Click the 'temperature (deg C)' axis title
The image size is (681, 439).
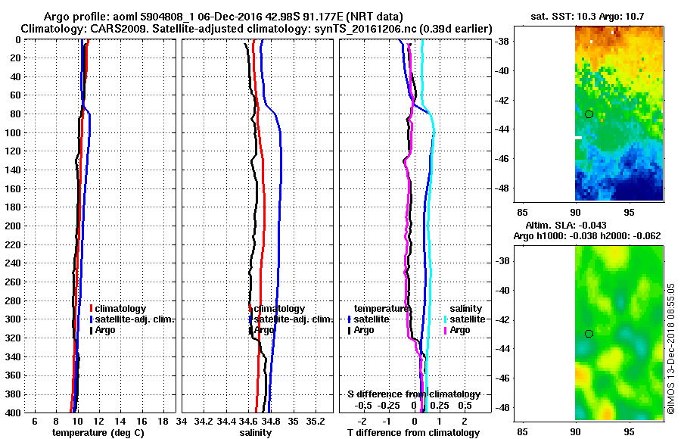(x=98, y=432)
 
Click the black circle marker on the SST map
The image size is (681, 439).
(x=589, y=114)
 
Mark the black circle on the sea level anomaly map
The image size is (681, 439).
(x=589, y=334)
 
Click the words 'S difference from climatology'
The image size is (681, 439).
(x=413, y=394)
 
